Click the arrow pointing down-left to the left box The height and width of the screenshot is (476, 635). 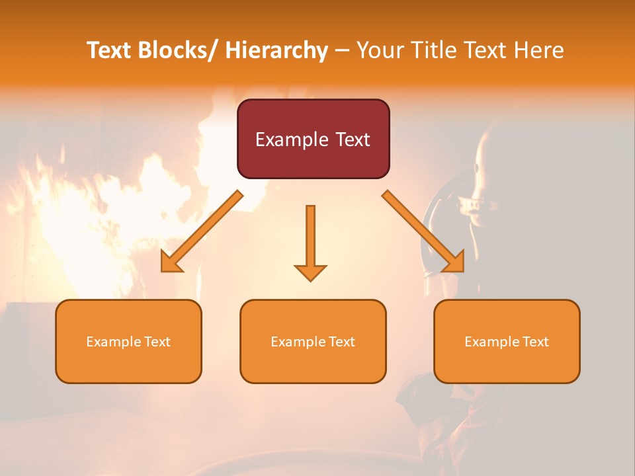pyautogui.click(x=201, y=231)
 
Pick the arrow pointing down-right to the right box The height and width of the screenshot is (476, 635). pyautogui.click(x=423, y=231)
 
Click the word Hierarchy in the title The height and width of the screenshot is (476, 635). pyautogui.click(x=276, y=51)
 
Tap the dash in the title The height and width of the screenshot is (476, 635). pyautogui.click(x=341, y=51)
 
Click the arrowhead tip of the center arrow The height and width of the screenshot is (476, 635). pyautogui.click(x=310, y=280)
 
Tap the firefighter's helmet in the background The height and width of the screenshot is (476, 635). pyautogui.click(x=456, y=198)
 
